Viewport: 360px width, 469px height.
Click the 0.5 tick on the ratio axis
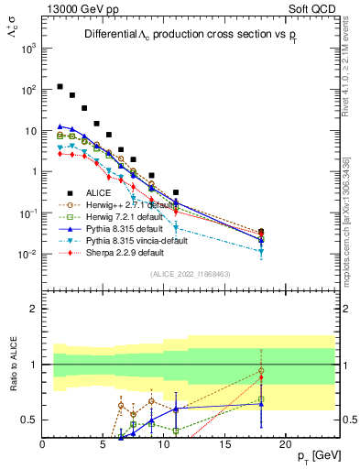29,420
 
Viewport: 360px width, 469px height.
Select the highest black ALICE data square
60,87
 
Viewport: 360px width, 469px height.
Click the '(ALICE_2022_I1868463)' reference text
191,273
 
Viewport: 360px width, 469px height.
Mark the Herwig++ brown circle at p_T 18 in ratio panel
261,371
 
